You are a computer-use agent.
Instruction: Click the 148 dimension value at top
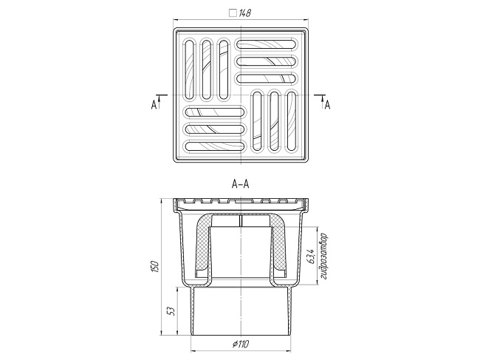click(244, 13)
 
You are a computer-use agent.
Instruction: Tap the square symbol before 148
click(233, 13)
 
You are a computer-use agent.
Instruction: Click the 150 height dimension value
click(156, 267)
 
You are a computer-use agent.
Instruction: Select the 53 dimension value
click(172, 311)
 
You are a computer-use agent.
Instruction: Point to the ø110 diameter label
click(241, 344)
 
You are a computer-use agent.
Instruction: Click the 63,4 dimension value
click(311, 256)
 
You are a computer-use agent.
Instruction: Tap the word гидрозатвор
click(324, 257)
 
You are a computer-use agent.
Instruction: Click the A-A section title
click(240, 185)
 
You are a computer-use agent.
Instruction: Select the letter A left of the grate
click(154, 105)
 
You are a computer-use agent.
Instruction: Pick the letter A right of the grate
click(328, 105)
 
